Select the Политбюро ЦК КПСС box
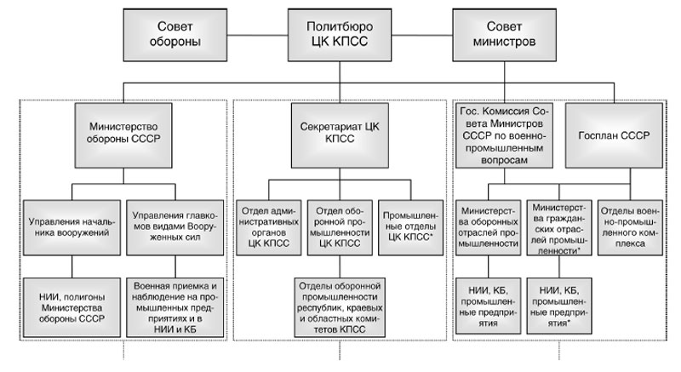click(338, 33)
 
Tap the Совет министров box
click(506, 33)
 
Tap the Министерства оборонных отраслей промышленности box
click(488, 225)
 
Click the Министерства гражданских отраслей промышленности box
click(559, 225)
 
